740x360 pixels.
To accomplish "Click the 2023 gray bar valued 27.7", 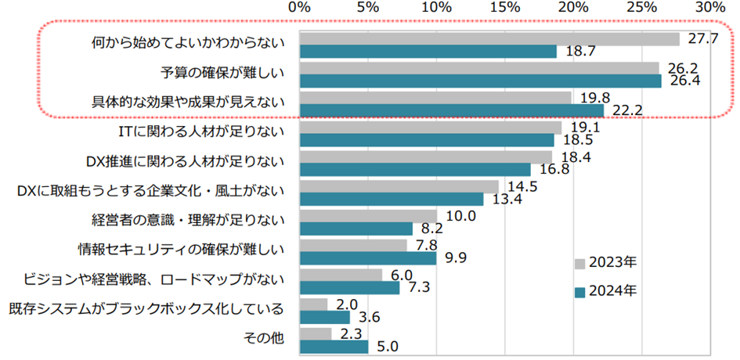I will pos(489,38).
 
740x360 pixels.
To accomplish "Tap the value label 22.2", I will pos(627,110).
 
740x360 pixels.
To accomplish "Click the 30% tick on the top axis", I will pos(710,7).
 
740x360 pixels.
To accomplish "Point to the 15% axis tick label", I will pos(504,7).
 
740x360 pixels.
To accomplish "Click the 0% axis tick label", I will pos(299,7).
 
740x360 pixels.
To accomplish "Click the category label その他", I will pos(265,338).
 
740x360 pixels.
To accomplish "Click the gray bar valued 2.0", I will pos(313,304).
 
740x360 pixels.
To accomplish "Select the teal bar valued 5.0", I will pos(334,345).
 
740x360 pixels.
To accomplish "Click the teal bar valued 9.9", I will pos(367,257).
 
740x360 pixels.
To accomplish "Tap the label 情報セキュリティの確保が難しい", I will pos(180,250).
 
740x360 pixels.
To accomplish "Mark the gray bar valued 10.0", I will pos(368,215).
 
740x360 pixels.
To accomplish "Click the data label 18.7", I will pos(579,51).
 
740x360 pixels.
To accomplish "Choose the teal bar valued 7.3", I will pos(349,287).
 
